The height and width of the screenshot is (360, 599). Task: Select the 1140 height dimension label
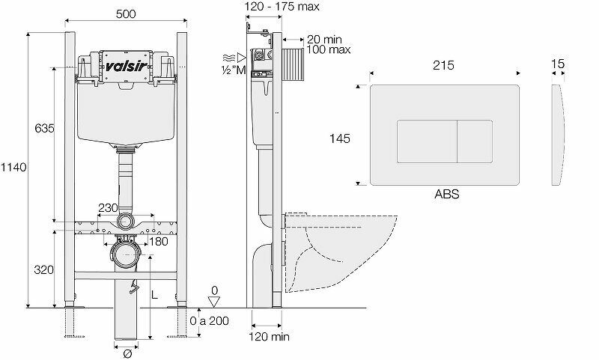[x=14, y=168]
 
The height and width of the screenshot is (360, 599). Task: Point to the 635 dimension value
[x=43, y=129]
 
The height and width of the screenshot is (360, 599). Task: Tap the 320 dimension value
[x=43, y=269]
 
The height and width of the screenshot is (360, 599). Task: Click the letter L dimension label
[x=156, y=296]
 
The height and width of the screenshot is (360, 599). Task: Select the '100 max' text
[x=329, y=50]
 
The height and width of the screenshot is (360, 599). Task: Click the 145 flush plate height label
[x=341, y=138]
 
